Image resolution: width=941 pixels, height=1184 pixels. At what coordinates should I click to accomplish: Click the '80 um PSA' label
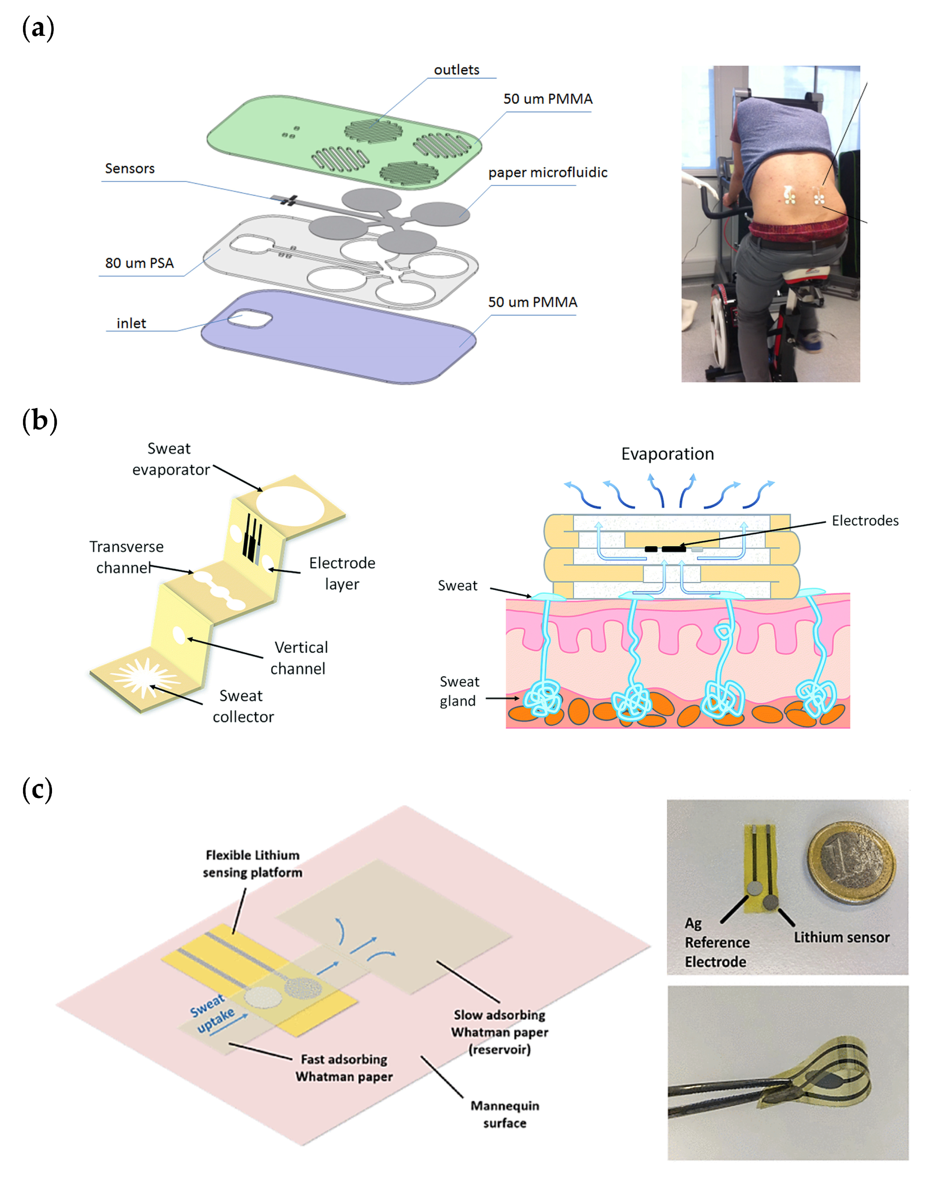click(139, 263)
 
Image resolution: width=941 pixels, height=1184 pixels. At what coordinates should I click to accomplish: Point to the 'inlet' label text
click(131, 324)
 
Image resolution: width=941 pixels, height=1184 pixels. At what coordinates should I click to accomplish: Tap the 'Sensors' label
click(130, 169)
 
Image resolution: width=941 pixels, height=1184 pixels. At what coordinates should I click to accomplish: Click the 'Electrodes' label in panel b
click(865, 521)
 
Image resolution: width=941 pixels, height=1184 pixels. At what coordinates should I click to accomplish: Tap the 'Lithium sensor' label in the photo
click(841, 937)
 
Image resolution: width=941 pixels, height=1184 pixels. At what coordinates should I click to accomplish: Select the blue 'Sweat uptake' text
click(212, 1013)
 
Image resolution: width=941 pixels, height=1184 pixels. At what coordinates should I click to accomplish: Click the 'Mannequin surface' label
click(504, 1114)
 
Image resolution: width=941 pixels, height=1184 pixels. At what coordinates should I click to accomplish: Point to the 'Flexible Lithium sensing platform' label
click(252, 863)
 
